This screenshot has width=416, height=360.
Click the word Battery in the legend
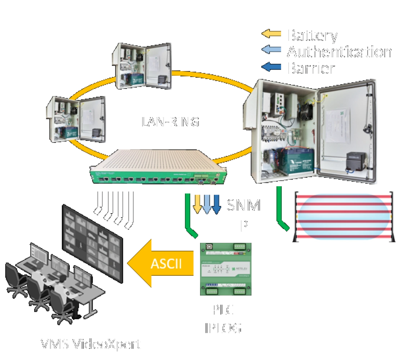314,36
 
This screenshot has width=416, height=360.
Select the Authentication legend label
339,51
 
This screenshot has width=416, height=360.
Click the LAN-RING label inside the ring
169,122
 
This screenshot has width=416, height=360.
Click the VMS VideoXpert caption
90,344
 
